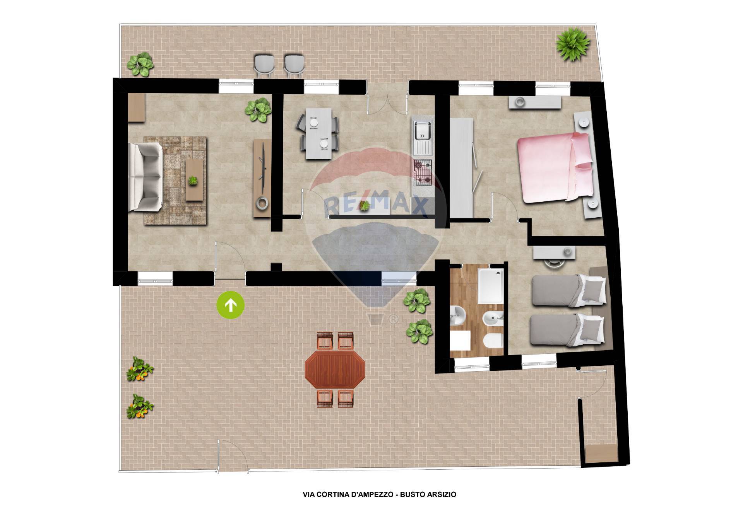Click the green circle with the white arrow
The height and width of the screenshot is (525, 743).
231,305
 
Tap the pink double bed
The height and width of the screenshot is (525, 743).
555,167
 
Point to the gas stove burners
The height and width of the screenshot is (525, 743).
423,171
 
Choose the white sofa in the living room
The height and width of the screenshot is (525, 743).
145,177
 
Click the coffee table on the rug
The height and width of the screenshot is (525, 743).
193,180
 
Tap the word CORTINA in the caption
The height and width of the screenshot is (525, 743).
334,494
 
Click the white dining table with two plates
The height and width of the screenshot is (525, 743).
318,134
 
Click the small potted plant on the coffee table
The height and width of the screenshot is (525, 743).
193,180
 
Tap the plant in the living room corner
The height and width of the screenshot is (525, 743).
258,110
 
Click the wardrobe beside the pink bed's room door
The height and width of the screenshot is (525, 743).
462,168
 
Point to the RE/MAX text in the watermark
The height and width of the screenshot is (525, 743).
375,204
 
